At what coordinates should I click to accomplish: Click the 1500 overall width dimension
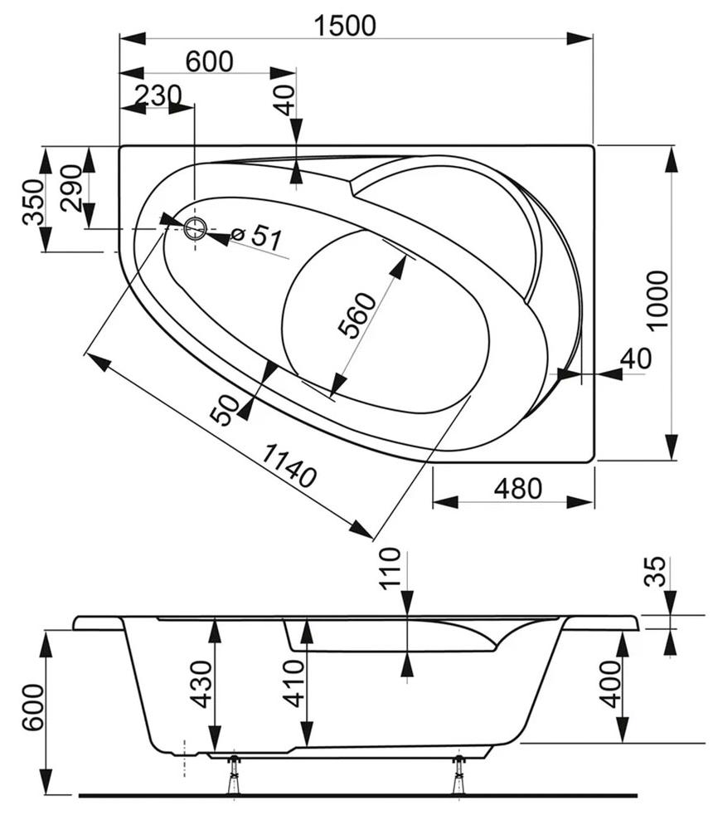point(345,25)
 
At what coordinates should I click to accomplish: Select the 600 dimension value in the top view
point(209,61)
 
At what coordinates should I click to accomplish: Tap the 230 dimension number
point(158,95)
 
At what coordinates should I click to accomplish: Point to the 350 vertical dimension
point(32,202)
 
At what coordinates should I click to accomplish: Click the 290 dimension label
point(70,188)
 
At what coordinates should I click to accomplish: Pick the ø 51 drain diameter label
point(256,237)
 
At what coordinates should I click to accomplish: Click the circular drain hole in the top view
point(196,227)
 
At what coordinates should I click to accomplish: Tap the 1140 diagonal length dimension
point(289,466)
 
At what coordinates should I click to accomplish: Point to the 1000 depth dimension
point(657,300)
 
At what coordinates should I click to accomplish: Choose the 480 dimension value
point(517,489)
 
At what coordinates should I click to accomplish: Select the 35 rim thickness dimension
point(655,572)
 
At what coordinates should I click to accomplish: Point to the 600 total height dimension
point(31,707)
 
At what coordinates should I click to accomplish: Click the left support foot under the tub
point(235,775)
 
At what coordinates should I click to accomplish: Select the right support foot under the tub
point(458,775)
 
